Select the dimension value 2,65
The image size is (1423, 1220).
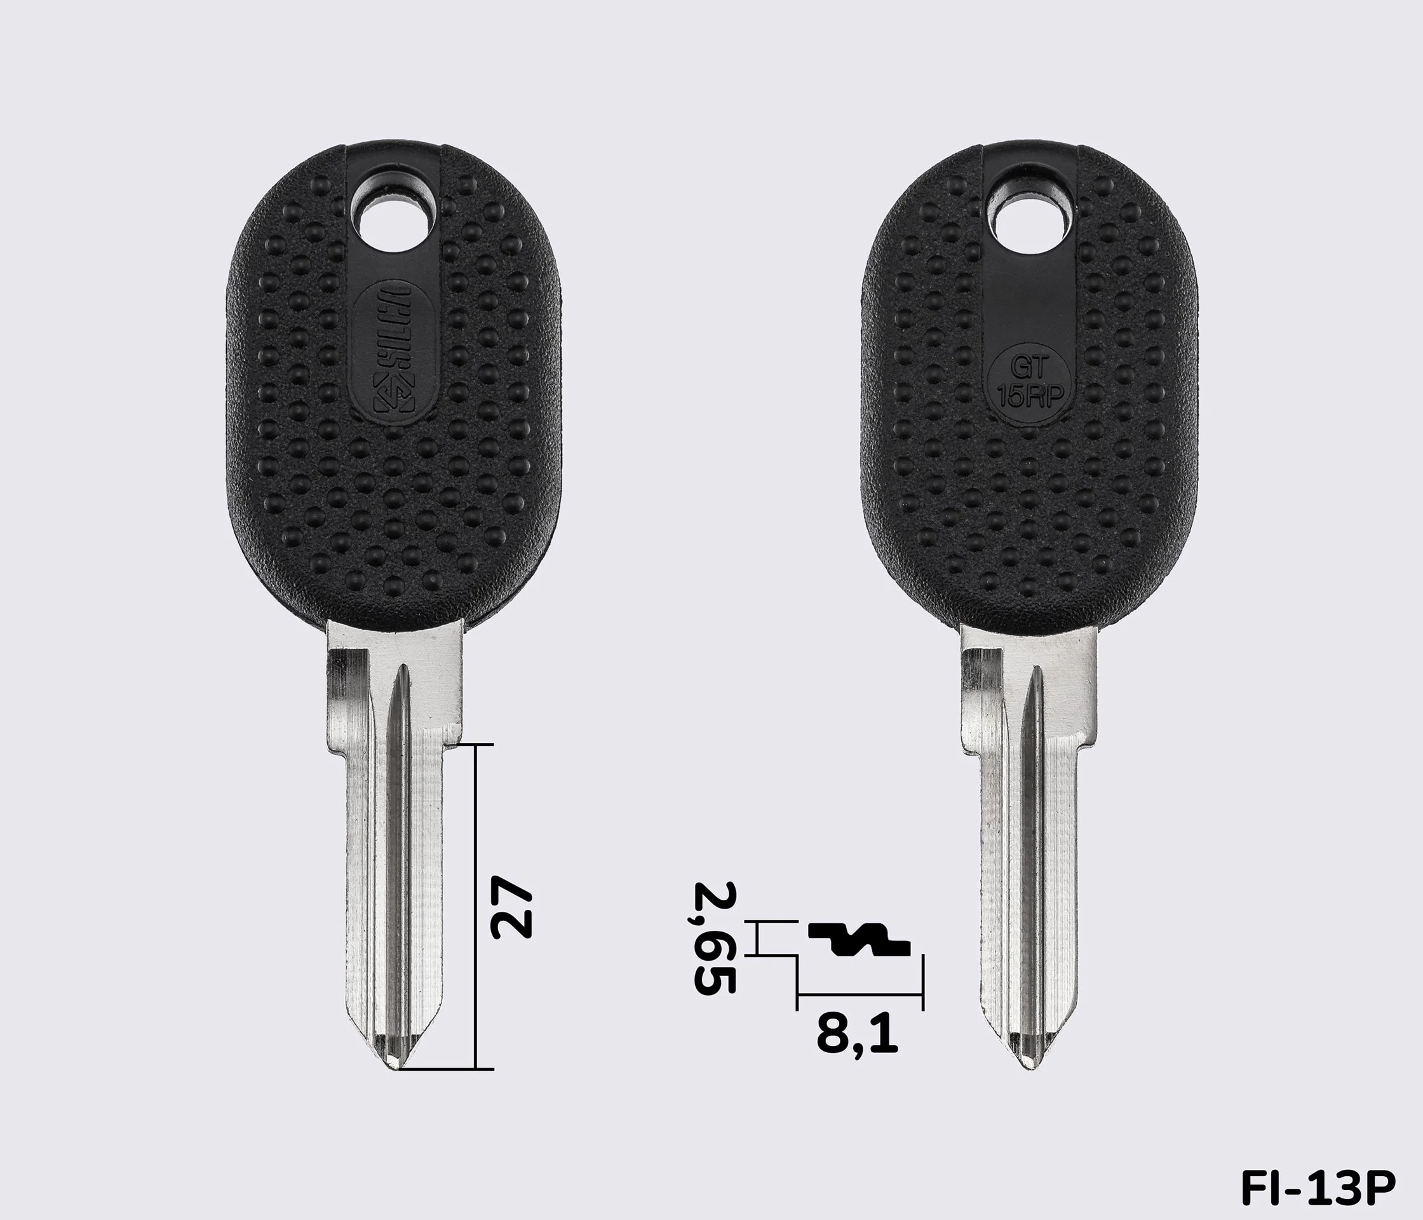[714, 939]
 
